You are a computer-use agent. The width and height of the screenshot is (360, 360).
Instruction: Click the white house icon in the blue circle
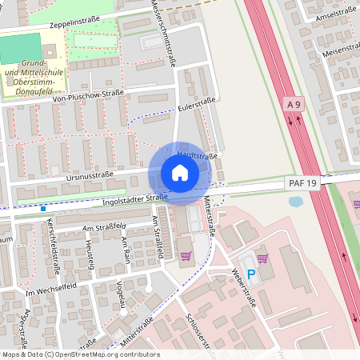point(179,173)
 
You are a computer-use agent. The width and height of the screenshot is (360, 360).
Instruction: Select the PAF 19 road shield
point(302,184)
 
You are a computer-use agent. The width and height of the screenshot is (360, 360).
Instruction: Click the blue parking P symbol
point(250,274)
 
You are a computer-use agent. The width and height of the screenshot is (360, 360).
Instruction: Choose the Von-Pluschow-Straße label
point(87,94)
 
